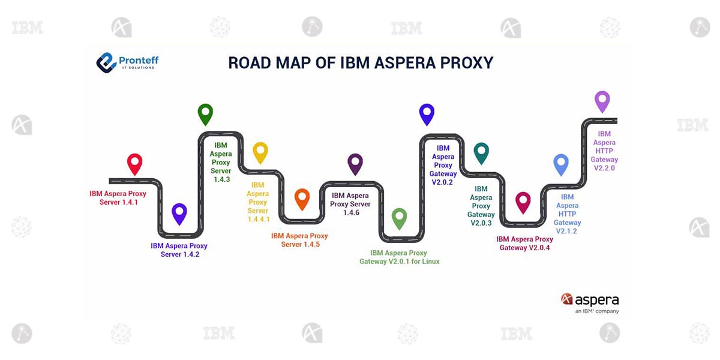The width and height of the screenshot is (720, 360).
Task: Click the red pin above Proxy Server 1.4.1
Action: coord(135,163)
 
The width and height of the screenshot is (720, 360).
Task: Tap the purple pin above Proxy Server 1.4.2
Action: coord(179,213)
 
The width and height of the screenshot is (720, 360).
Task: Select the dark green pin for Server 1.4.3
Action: coord(205,113)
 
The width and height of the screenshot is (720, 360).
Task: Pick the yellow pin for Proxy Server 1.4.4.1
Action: coord(260,152)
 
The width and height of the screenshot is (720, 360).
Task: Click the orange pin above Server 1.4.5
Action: coord(302,197)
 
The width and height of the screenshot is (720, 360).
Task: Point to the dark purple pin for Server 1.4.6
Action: coord(355,163)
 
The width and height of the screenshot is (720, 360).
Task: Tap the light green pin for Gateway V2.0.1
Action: coord(399,218)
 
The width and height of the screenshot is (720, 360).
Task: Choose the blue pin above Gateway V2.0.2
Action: coord(427,113)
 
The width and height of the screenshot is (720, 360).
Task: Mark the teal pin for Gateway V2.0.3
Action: coord(481,152)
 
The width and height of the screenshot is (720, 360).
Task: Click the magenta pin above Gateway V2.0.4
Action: coord(523,202)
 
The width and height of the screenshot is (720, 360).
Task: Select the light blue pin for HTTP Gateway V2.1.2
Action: coord(560,164)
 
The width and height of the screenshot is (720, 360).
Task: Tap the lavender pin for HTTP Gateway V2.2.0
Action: coord(602,101)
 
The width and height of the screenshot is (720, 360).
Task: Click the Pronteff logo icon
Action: coord(107,62)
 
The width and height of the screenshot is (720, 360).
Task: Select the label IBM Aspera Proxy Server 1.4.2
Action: coord(179,250)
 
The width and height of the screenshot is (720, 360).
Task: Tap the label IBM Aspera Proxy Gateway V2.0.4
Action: coord(525,244)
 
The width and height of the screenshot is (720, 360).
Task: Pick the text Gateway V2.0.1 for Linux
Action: coord(400,262)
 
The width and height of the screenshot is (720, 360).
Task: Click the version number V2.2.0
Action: coord(604,168)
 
